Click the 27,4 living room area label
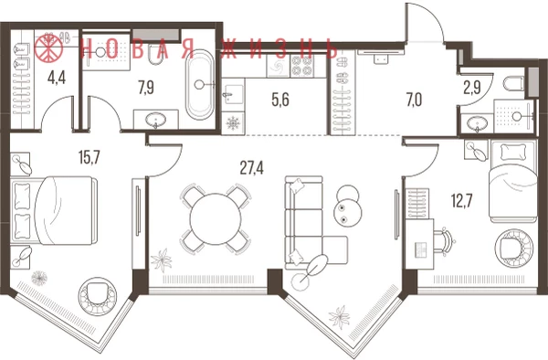click(252, 168)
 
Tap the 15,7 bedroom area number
click(90, 157)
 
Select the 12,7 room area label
click(461, 201)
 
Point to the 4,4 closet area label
click(57, 78)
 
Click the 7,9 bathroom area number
click(146, 88)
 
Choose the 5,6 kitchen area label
click(280, 100)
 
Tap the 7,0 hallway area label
click(414, 100)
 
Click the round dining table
click(216, 219)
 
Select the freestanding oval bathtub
click(200, 85)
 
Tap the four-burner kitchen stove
click(302, 66)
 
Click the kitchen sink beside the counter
click(233, 94)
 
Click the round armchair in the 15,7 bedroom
click(97, 297)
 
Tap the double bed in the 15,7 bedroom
click(54, 210)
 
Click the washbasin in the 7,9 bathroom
click(156, 120)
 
